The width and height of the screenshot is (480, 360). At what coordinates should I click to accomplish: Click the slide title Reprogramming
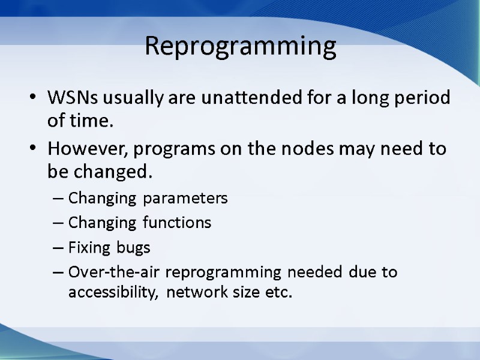(240, 46)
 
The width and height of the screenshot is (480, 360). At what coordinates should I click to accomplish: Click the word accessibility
(114, 293)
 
